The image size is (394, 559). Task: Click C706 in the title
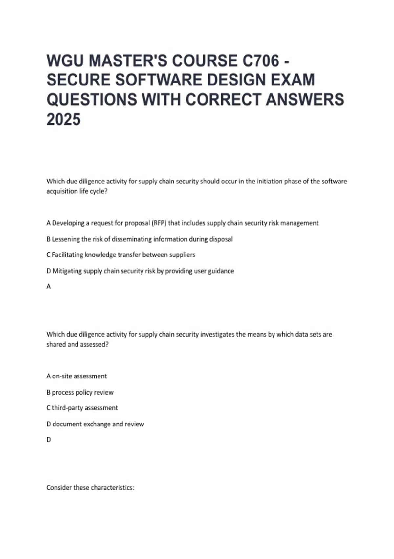point(261,61)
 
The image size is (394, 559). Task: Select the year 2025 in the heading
point(63,119)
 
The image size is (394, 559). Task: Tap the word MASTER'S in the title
point(128,61)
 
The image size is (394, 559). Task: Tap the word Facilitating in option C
point(67,255)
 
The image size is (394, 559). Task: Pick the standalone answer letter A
point(49,287)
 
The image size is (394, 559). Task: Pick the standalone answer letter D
point(49,440)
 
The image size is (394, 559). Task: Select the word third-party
point(67,408)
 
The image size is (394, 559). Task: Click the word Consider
point(59,488)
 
